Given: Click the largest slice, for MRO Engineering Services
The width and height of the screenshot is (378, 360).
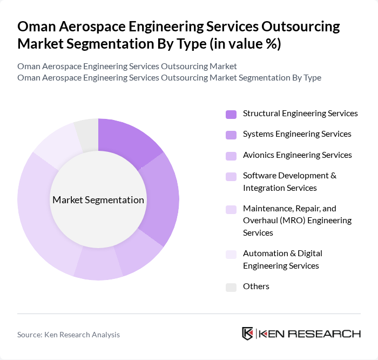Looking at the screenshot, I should tap(40, 216).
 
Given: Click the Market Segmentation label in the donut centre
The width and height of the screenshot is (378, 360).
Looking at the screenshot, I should tap(98, 200).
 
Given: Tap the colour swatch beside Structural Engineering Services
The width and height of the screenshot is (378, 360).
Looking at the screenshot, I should tap(231, 114).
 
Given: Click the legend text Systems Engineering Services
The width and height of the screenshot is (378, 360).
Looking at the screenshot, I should tap(297, 134).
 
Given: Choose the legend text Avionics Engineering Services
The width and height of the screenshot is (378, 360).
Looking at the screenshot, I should tap(297, 155).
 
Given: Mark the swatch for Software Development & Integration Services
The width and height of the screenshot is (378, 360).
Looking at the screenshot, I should tap(231, 177).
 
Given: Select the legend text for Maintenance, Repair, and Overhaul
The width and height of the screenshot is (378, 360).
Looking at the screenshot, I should tap(297, 221).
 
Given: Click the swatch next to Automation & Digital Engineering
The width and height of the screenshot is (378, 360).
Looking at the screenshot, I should tap(231, 254).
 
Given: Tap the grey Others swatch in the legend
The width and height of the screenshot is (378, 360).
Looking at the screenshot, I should tap(231, 287).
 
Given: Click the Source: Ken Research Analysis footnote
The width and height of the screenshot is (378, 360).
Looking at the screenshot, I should tap(69, 335).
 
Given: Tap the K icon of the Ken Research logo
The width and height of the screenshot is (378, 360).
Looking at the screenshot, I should tap(248, 334).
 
